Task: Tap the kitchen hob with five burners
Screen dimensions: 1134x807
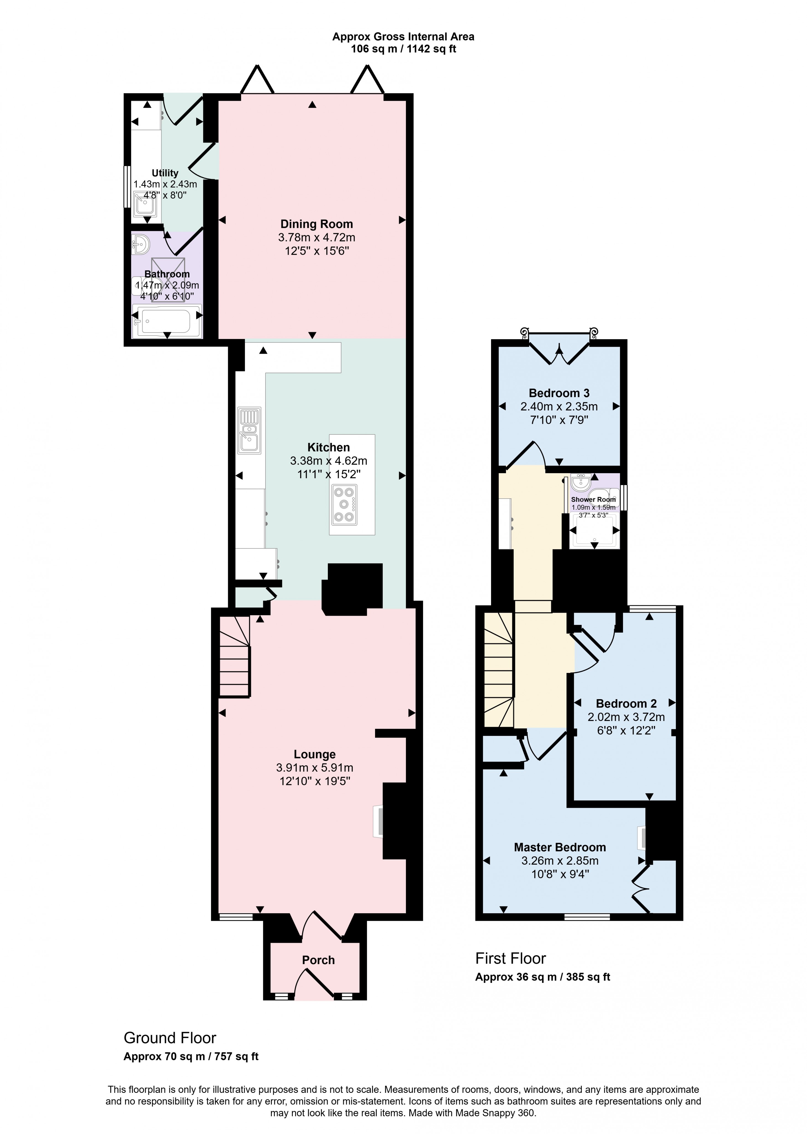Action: [344, 504]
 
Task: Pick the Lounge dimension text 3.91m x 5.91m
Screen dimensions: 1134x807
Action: [315, 768]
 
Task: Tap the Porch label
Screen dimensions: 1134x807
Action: [318, 960]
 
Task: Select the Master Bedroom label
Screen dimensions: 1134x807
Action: [560, 847]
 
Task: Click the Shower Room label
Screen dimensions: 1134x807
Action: [593, 499]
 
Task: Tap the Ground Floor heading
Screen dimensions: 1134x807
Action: [170, 1038]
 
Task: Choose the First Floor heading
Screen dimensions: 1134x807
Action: [510, 958]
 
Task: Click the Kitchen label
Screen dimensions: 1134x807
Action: [328, 447]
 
